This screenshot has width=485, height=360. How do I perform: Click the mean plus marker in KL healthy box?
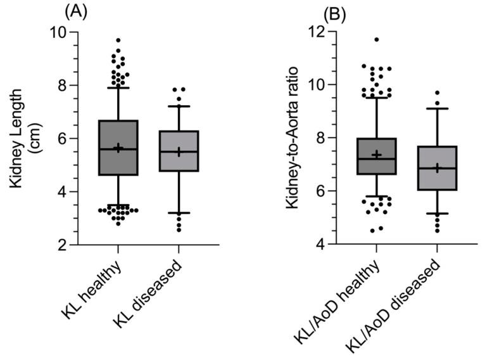118,148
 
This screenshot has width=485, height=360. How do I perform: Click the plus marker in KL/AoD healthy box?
376,154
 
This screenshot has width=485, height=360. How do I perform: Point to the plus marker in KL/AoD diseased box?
437,168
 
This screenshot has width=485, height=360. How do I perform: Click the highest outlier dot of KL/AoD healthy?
377,39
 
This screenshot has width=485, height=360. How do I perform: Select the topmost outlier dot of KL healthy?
118,40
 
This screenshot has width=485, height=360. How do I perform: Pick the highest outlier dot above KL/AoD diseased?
437,93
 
